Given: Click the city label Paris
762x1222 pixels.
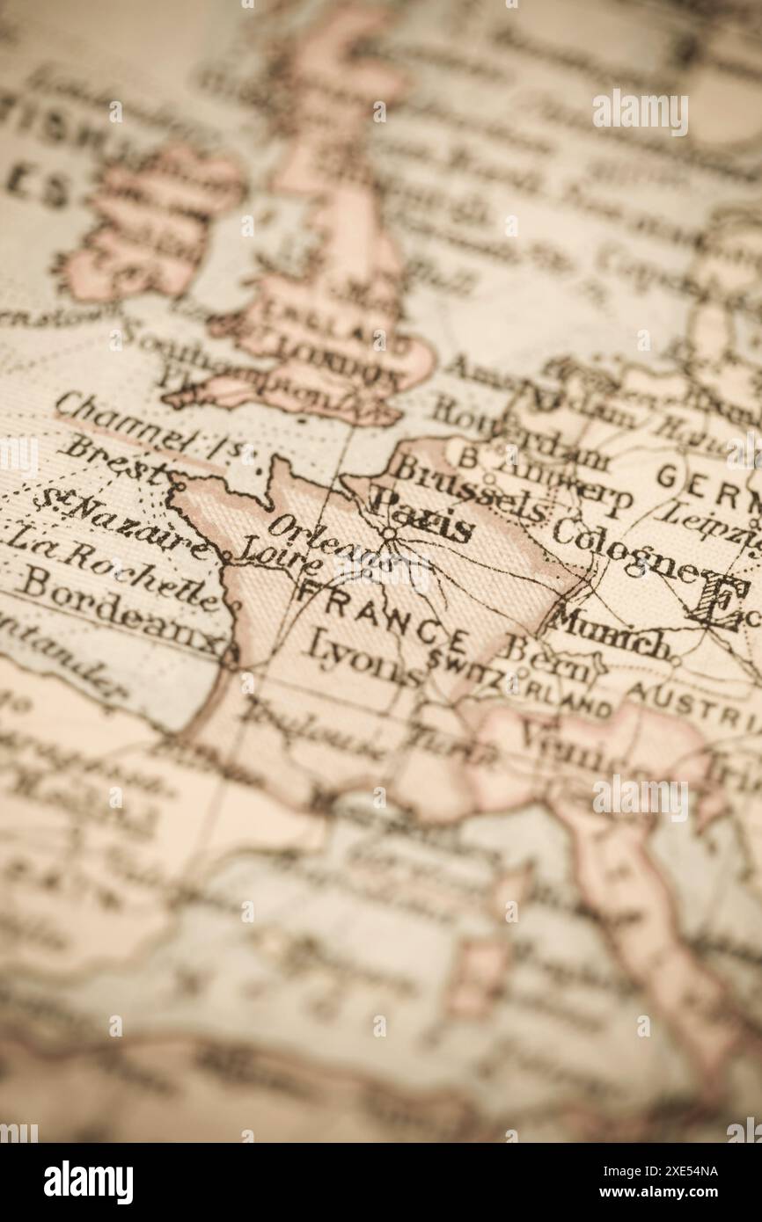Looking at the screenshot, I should tap(422, 521).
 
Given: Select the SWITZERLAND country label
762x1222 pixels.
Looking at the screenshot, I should tap(519, 685).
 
